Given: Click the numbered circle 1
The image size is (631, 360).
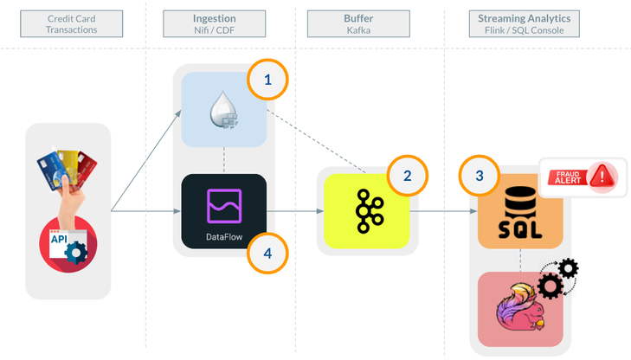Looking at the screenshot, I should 267,80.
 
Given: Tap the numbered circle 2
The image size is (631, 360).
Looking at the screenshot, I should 407,177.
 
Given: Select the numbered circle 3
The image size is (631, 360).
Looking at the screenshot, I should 480,175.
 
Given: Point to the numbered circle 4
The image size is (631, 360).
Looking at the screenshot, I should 267,253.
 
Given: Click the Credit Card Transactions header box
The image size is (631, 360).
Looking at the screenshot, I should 71,23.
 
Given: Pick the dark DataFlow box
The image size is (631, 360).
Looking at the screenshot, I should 223,211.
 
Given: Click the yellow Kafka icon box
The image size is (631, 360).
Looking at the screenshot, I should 366,211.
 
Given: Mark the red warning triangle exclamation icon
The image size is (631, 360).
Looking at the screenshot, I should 601,177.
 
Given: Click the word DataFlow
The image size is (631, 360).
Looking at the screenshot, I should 223,235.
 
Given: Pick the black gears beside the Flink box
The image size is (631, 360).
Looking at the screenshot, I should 558,278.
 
